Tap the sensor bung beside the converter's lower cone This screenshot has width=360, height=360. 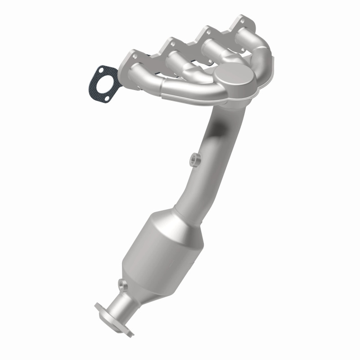pyautogui.click(x=121, y=284)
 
